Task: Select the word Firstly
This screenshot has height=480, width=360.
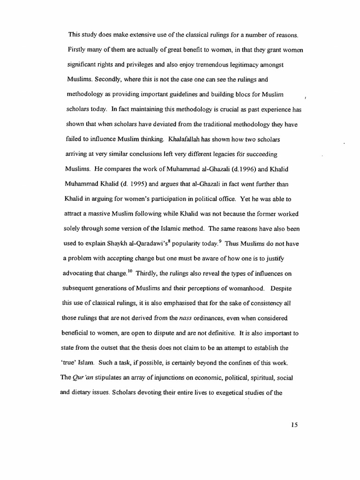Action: (x=77, y=50)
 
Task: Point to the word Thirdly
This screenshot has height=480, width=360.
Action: (x=148, y=273)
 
